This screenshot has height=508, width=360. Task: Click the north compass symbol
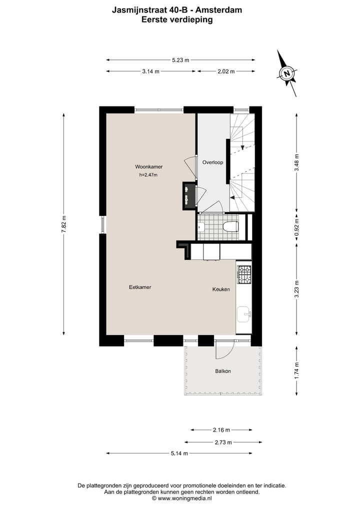[286, 73]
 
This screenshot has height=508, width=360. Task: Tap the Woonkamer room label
[148, 167]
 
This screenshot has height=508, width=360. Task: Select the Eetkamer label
[140, 287]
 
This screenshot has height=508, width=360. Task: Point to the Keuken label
[221, 289]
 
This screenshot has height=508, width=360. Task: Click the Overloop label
[212, 162]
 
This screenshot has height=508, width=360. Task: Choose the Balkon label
[223, 372]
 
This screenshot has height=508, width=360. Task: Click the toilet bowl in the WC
[231, 227]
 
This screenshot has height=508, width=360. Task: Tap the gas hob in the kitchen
[244, 274]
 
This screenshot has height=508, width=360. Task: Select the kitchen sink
[244, 314]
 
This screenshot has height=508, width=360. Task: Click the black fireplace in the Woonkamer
[188, 195]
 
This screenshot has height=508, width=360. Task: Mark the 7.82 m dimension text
[64, 224]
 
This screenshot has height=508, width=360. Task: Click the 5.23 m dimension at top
[180, 60]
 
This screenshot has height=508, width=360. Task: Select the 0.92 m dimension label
[296, 227]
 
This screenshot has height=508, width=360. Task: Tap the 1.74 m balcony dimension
[296, 371]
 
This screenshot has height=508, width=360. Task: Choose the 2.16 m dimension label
[221, 430]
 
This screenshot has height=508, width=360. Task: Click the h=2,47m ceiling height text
[148, 175]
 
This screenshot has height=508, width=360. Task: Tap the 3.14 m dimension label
[150, 71]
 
